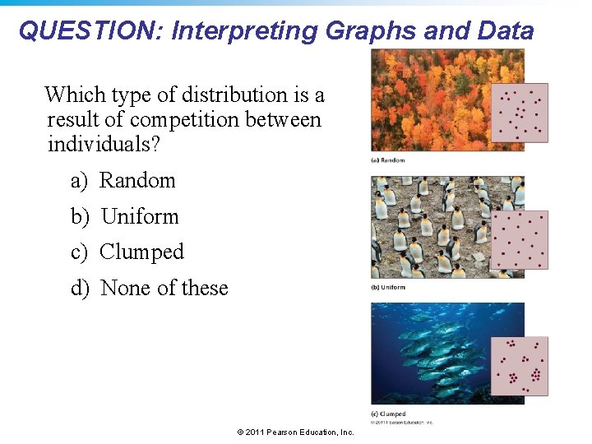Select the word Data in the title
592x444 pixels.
[503, 31]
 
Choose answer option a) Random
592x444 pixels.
[123, 181]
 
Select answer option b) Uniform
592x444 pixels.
[124, 217]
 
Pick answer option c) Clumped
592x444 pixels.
[127, 252]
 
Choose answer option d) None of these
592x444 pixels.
[149, 289]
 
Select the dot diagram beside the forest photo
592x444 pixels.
[519, 112]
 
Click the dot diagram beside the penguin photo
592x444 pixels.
[519, 239]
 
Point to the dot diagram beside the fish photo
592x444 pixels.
[519, 366]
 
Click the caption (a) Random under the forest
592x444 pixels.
[387, 160]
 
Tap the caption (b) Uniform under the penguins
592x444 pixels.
[388, 287]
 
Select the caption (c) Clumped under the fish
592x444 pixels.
[388, 414]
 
